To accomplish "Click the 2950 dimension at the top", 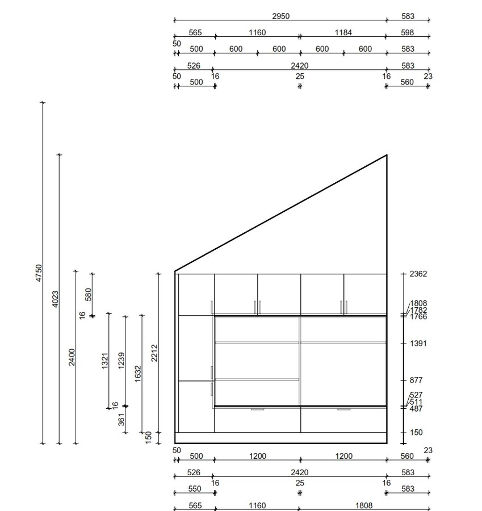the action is [280, 16].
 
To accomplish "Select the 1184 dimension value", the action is [343, 32].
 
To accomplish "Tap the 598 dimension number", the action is [408, 32].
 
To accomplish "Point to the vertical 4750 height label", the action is [39, 273].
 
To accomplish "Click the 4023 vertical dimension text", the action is [56, 299].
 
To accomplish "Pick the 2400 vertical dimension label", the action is [72, 357].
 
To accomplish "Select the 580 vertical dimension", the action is [89, 294].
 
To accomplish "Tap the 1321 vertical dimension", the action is [104, 361].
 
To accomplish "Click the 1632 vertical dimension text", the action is [138, 374].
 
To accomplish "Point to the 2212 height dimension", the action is [154, 353].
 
